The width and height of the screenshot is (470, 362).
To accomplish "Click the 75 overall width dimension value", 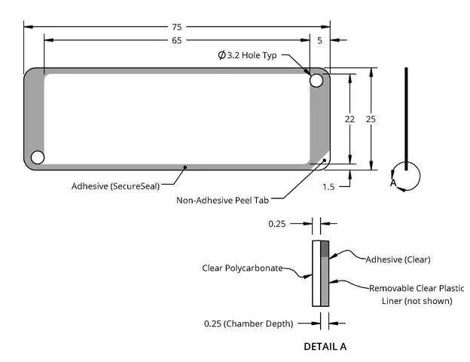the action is pyautogui.click(x=177, y=27).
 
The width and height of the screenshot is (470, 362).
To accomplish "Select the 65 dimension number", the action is pyautogui.click(x=177, y=40).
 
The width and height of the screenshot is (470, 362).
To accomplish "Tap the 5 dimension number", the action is pyautogui.click(x=320, y=40).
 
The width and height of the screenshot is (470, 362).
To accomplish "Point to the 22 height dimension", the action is pyautogui.click(x=349, y=119).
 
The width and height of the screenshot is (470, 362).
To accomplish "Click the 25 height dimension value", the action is pyautogui.click(x=371, y=119).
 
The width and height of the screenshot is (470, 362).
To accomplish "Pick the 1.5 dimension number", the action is pyautogui.click(x=328, y=187).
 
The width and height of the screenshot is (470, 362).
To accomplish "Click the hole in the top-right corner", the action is pyautogui.click(x=316, y=81).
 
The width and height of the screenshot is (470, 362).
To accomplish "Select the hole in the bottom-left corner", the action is pyautogui.click(x=38, y=158).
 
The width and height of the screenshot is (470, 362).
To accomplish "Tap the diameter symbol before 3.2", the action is pyautogui.click(x=221, y=55).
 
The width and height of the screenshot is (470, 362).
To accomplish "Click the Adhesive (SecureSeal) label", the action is pyautogui.click(x=115, y=186).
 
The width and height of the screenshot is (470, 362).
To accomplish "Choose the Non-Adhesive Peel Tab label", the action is pyautogui.click(x=222, y=200).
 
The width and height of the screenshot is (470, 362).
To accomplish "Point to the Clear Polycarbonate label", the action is pyautogui.click(x=243, y=268).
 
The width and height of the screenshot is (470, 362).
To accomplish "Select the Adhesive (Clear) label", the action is pyautogui.click(x=398, y=259).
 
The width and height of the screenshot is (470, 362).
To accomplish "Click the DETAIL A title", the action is pyautogui.click(x=325, y=347).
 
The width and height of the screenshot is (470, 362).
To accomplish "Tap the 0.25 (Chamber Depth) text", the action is pyautogui.click(x=249, y=324).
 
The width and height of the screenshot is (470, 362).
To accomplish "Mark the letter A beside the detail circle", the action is pyautogui.click(x=393, y=183).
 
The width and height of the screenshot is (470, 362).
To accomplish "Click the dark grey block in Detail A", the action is pyautogui.click(x=325, y=249).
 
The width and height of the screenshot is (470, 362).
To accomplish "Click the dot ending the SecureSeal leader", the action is pyautogui.click(x=185, y=167).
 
